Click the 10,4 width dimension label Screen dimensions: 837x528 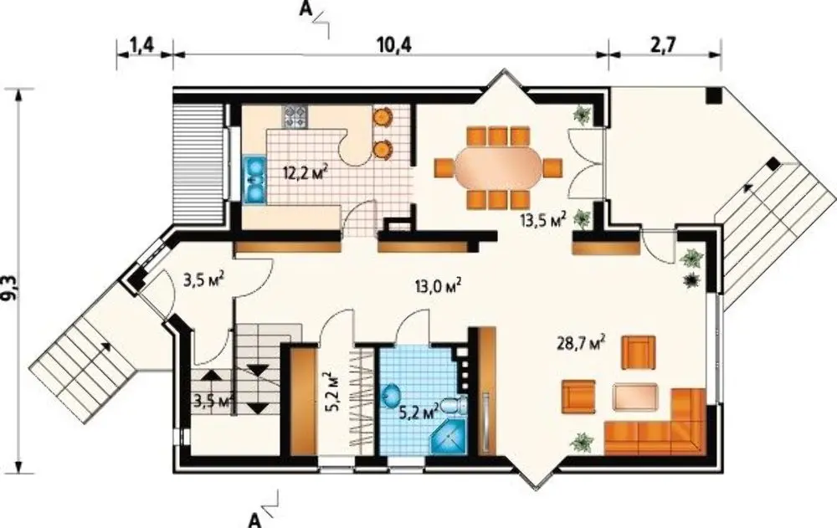tap(394, 46)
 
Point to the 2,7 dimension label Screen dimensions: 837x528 tap(664, 45)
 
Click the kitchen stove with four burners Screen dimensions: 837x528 tap(295, 117)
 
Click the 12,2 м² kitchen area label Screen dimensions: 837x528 tap(305, 173)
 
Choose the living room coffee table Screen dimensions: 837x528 tap(635, 397)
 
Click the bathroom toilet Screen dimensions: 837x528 tap(455, 407)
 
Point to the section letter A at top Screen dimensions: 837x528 tap(305, 10)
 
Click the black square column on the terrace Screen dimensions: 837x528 tap(713, 95)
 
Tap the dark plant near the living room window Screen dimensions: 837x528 tap(692, 279)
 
